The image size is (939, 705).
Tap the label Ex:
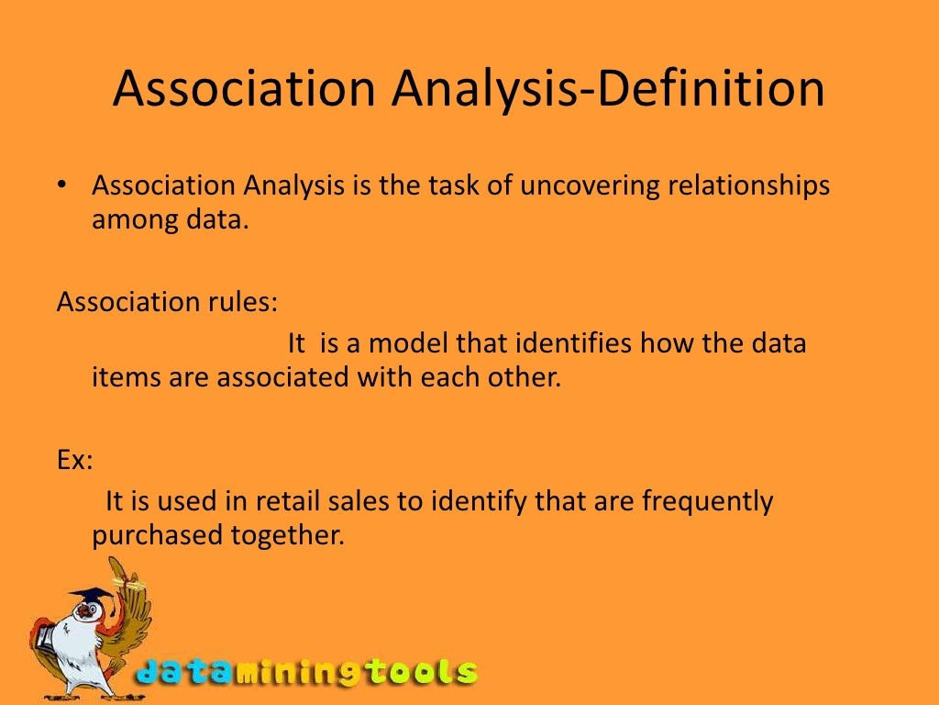pos(74,459)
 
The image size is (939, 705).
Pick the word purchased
pos(150,535)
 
